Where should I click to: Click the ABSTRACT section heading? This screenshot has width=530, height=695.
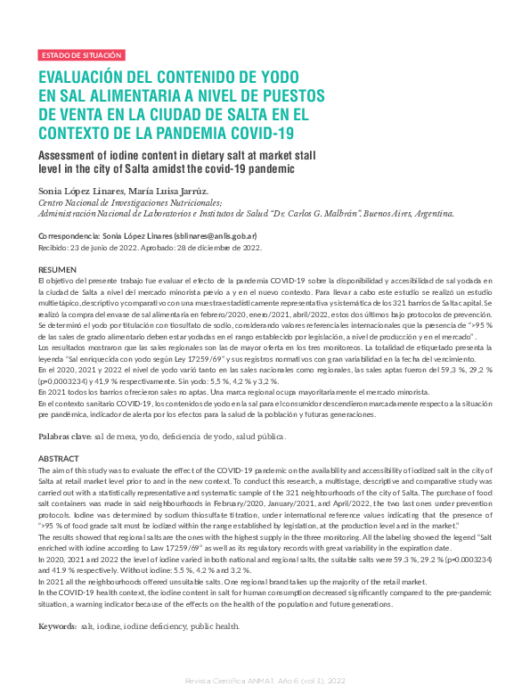(58, 458)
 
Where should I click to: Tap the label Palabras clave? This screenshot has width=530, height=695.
(64, 437)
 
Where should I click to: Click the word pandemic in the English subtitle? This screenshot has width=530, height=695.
(269, 168)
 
